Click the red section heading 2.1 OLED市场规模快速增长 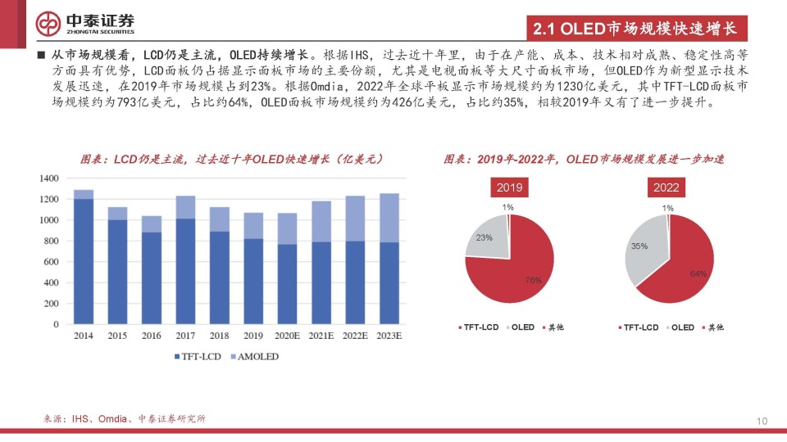[x=635, y=29]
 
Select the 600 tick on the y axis [x=51, y=262]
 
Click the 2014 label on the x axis [x=83, y=336]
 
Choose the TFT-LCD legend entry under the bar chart [x=198, y=357]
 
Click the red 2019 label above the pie [x=509, y=188]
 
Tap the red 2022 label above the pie [x=666, y=188]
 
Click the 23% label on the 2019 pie [x=484, y=237]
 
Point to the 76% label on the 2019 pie [x=533, y=280]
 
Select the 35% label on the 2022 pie [x=639, y=246]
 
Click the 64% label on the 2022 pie [x=698, y=273]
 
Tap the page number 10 [x=762, y=421]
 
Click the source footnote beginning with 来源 [x=124, y=419]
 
